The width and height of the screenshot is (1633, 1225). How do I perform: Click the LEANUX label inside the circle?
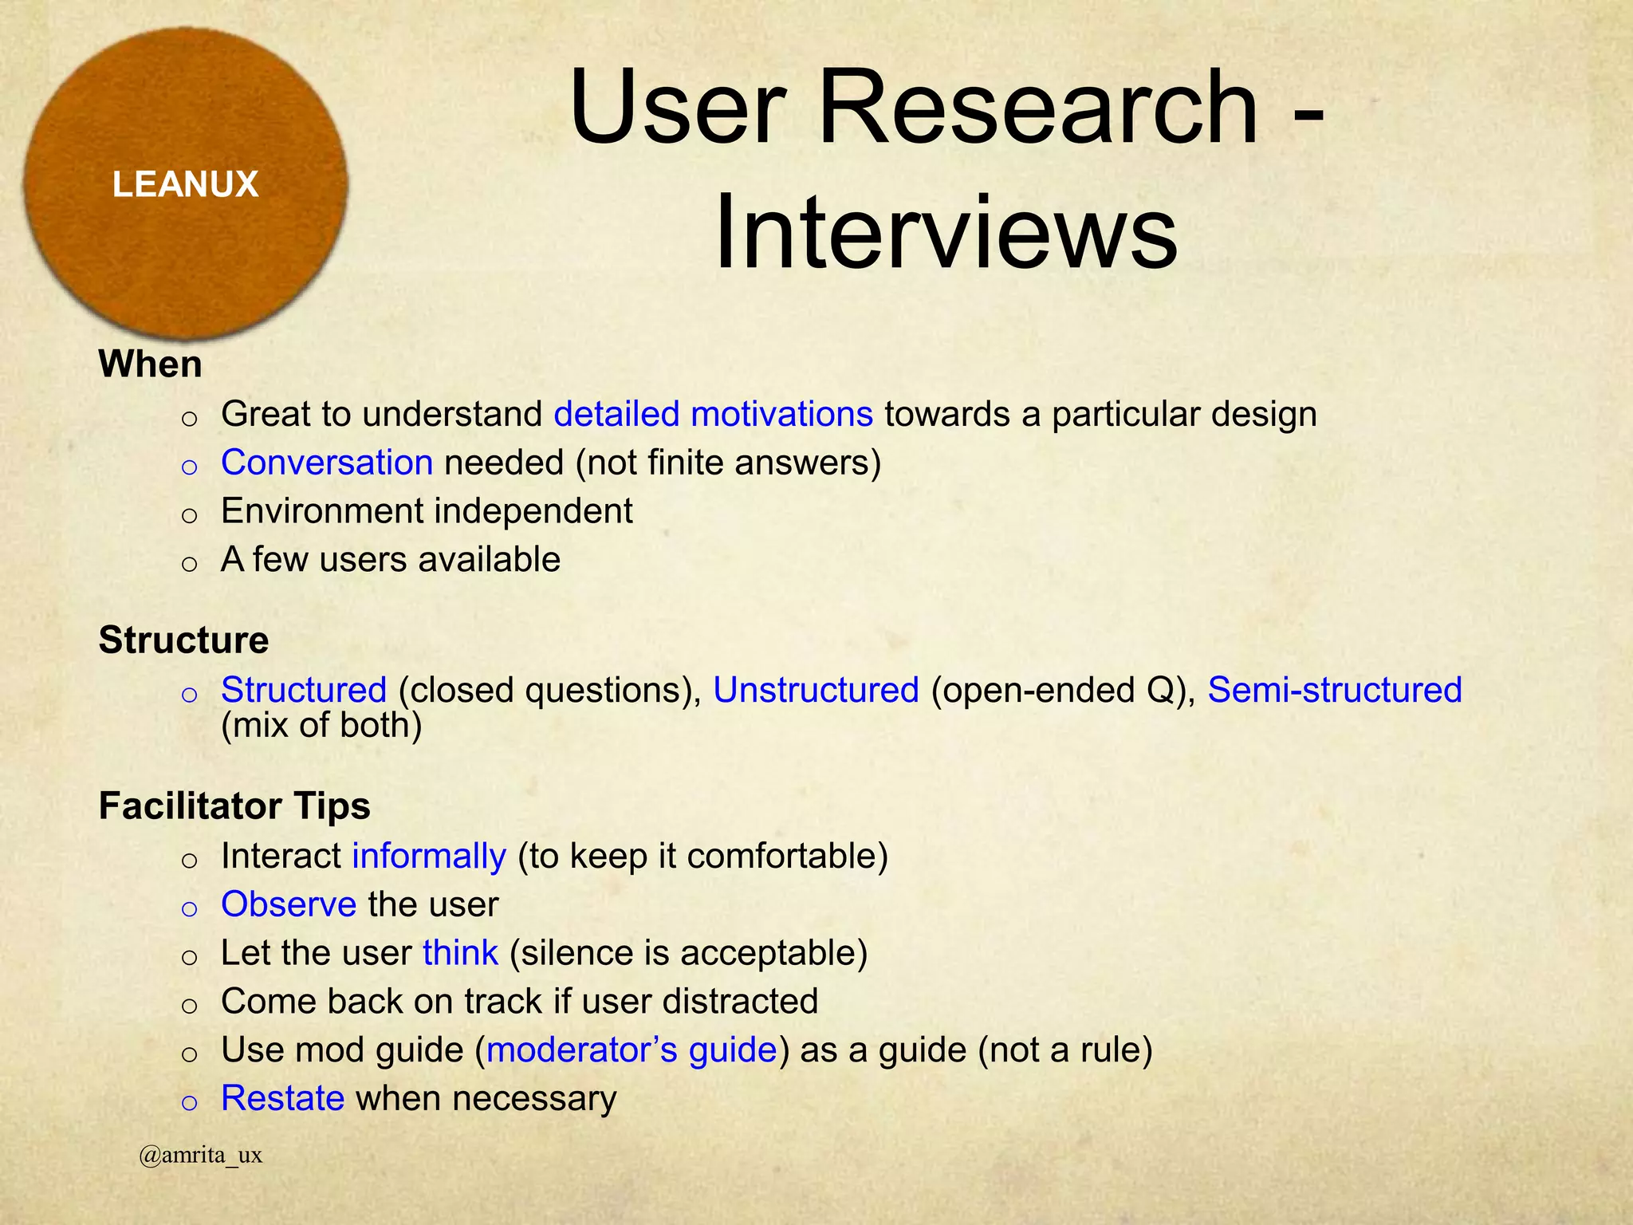(x=185, y=185)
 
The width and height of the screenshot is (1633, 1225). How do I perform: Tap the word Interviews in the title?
(x=946, y=233)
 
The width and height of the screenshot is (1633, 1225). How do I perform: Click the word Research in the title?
(x=1037, y=108)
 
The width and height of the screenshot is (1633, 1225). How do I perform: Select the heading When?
(x=150, y=364)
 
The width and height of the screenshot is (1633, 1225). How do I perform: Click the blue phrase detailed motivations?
(x=713, y=415)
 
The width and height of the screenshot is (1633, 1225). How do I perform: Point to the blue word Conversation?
(x=327, y=463)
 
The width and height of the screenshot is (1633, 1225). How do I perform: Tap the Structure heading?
(x=183, y=640)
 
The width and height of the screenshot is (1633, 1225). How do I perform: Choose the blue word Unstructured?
(x=816, y=691)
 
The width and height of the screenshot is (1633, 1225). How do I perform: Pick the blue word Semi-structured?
(x=1334, y=691)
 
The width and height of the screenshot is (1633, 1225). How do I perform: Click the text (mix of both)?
(x=321, y=726)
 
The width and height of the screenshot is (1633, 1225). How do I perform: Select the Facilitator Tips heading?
(x=234, y=806)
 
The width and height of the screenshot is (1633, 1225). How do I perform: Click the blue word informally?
(x=429, y=857)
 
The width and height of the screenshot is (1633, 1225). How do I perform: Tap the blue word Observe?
(x=289, y=905)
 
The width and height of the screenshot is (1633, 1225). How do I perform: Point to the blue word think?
(x=460, y=954)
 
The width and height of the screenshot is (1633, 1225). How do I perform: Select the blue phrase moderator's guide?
(x=632, y=1050)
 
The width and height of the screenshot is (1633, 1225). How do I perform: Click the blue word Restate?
(x=282, y=1099)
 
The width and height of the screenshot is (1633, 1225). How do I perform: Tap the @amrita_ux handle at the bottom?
(x=200, y=1156)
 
